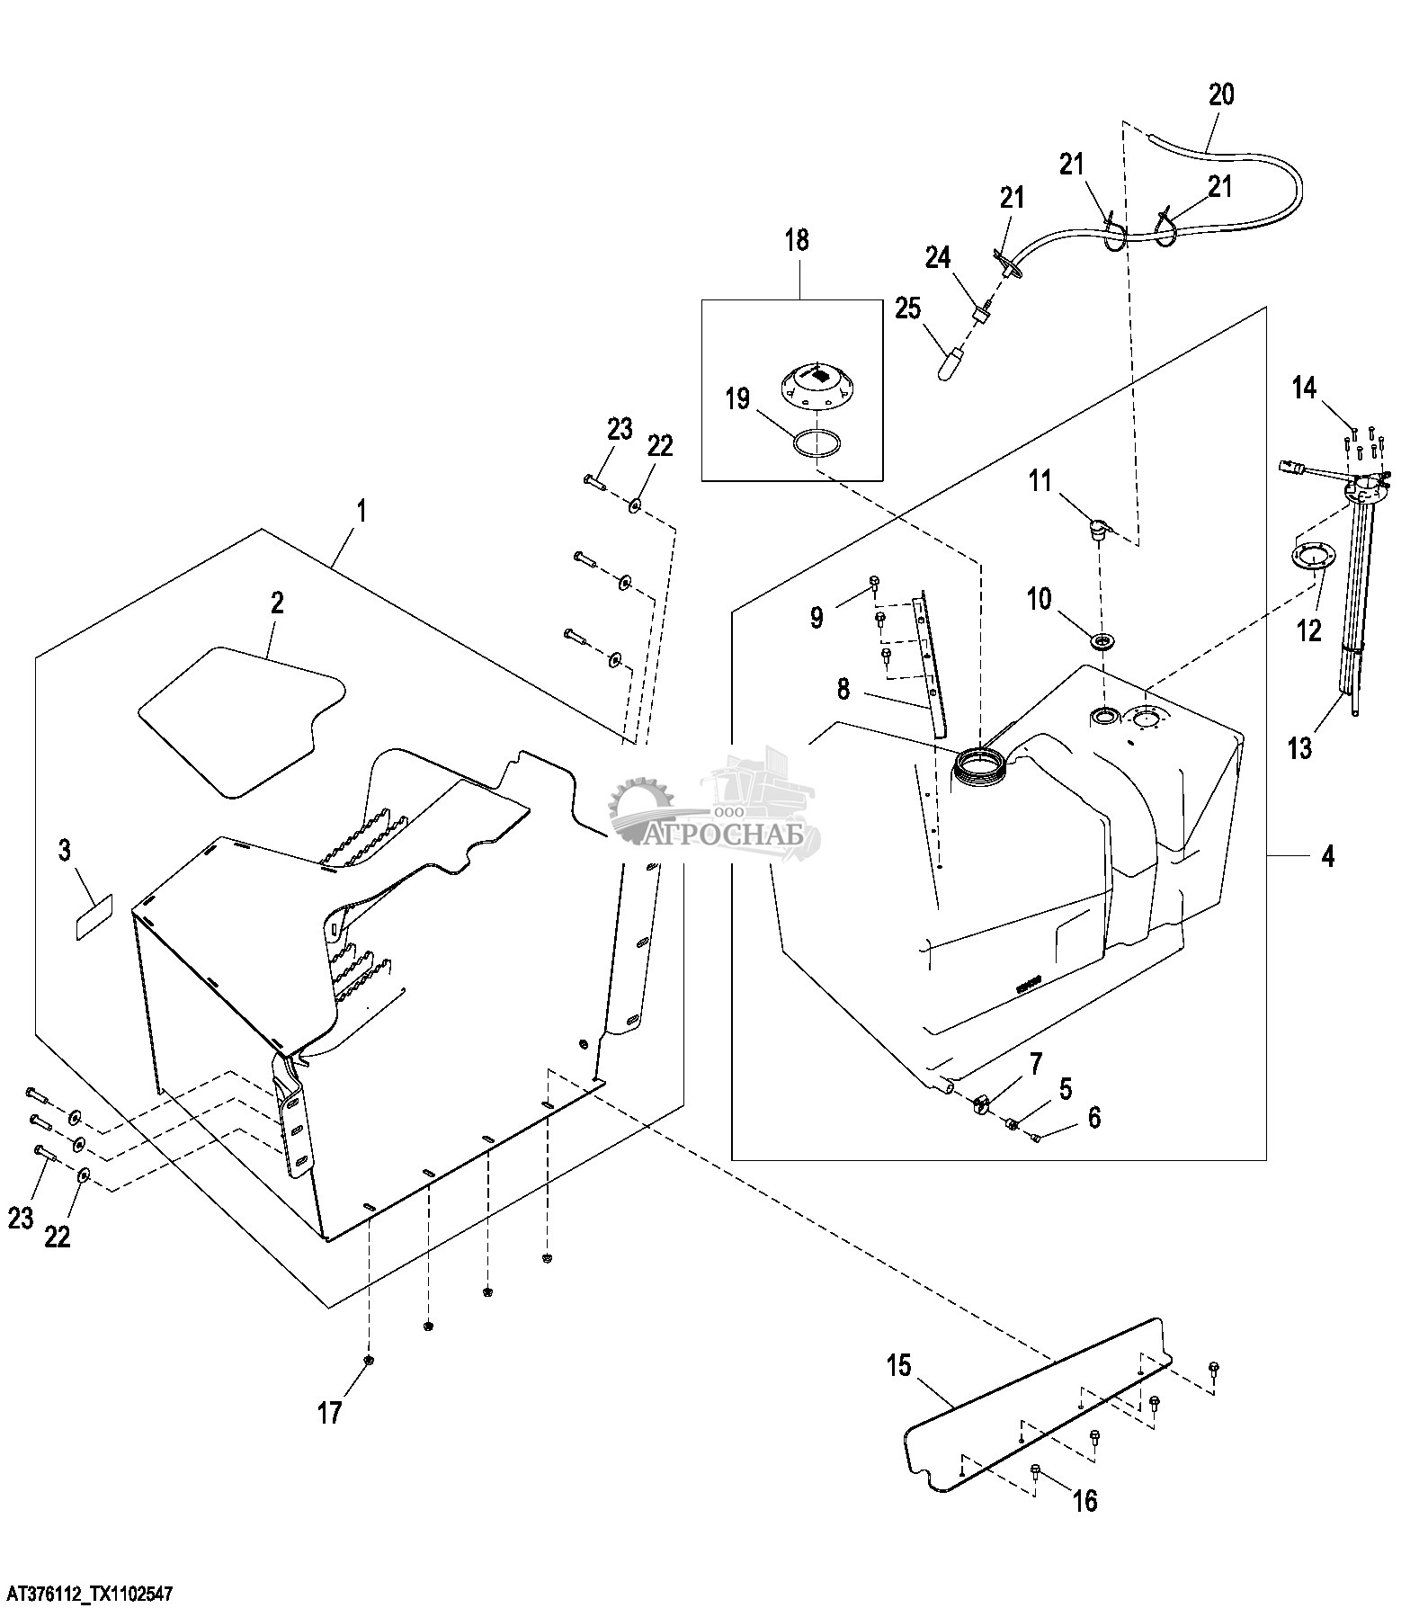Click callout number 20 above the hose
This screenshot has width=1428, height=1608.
(x=1221, y=94)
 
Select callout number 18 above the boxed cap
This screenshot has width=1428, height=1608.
(x=797, y=240)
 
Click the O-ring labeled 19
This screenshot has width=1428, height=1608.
(x=818, y=444)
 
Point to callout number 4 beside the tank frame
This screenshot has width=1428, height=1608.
(x=1327, y=857)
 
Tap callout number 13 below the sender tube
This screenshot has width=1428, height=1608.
(x=1300, y=747)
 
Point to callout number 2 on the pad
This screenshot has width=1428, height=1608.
(x=276, y=603)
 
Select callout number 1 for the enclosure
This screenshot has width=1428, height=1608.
(x=361, y=512)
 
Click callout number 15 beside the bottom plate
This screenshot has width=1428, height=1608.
(x=898, y=1366)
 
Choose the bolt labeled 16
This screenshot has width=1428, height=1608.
(x=1035, y=1471)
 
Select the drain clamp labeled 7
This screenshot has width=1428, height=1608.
(x=980, y=1103)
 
